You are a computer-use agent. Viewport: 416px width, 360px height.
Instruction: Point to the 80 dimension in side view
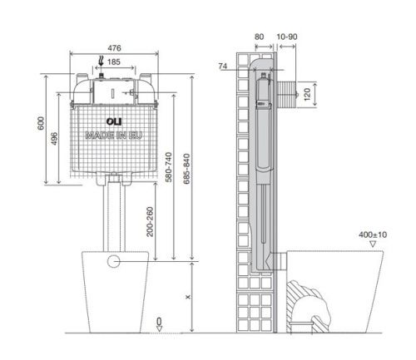[259, 37]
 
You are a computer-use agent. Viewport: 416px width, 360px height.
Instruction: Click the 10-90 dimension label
[288, 37]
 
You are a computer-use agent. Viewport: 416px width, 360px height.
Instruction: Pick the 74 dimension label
[223, 64]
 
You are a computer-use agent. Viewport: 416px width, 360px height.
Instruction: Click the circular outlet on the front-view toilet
[114, 260]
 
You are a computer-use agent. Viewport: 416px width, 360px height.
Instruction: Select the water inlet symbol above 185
[102, 61]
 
